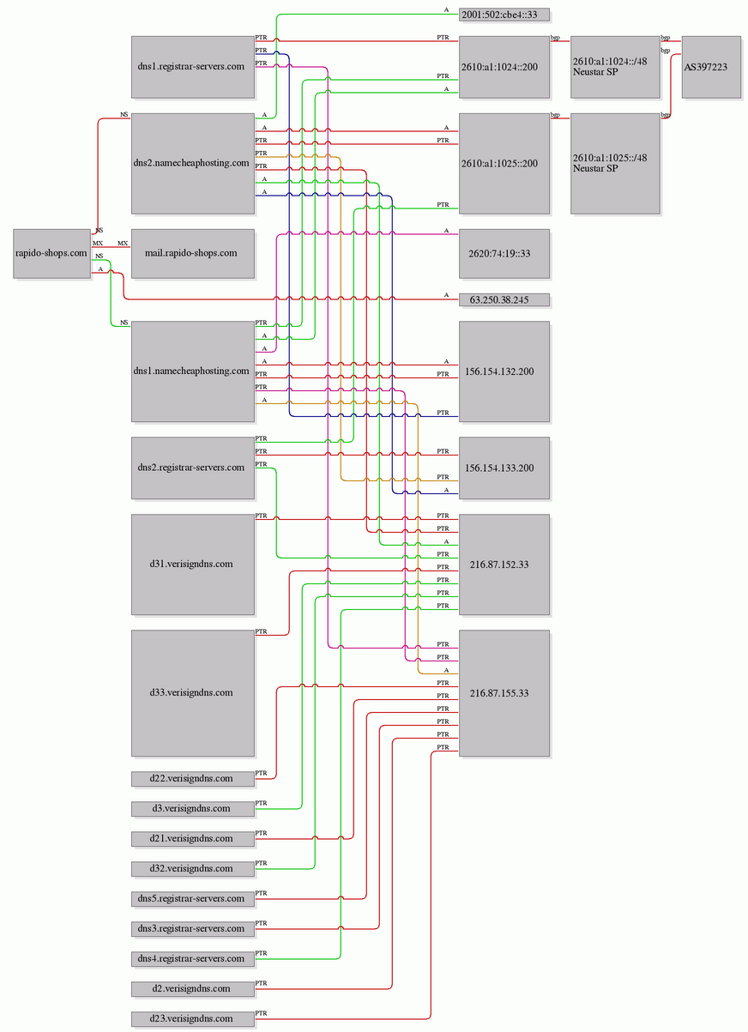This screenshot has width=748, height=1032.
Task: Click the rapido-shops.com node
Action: pos(51,253)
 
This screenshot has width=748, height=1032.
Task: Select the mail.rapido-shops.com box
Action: pos(192,253)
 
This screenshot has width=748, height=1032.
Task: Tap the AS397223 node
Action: pos(711,67)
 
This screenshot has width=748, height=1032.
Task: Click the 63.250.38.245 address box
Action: pos(504,300)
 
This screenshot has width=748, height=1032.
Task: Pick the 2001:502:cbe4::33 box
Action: pos(504,15)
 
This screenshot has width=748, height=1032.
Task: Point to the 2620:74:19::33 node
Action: pos(504,253)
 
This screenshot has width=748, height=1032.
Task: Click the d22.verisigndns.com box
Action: pos(192,779)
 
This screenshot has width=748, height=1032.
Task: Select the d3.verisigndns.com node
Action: pos(192,809)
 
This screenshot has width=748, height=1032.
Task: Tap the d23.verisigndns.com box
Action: pos(192,1018)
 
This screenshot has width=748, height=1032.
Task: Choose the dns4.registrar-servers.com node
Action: pos(192,959)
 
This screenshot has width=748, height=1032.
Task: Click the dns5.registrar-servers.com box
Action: pos(192,898)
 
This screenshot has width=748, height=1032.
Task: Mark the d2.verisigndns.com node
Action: pos(192,989)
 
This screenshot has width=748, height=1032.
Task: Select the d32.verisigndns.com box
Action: pos(192,868)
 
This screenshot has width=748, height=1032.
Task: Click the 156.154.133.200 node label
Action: pos(499,468)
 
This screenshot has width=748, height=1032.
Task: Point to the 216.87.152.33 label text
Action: pos(499,564)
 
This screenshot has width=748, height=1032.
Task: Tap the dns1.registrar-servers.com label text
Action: pos(190,66)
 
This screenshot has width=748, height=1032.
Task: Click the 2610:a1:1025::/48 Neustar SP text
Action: pos(610,163)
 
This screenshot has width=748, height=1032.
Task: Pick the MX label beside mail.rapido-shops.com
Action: pos(123,244)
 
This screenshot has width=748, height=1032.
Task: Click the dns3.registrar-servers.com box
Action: pos(192,929)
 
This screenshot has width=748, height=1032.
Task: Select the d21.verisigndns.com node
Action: pos(192,838)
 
